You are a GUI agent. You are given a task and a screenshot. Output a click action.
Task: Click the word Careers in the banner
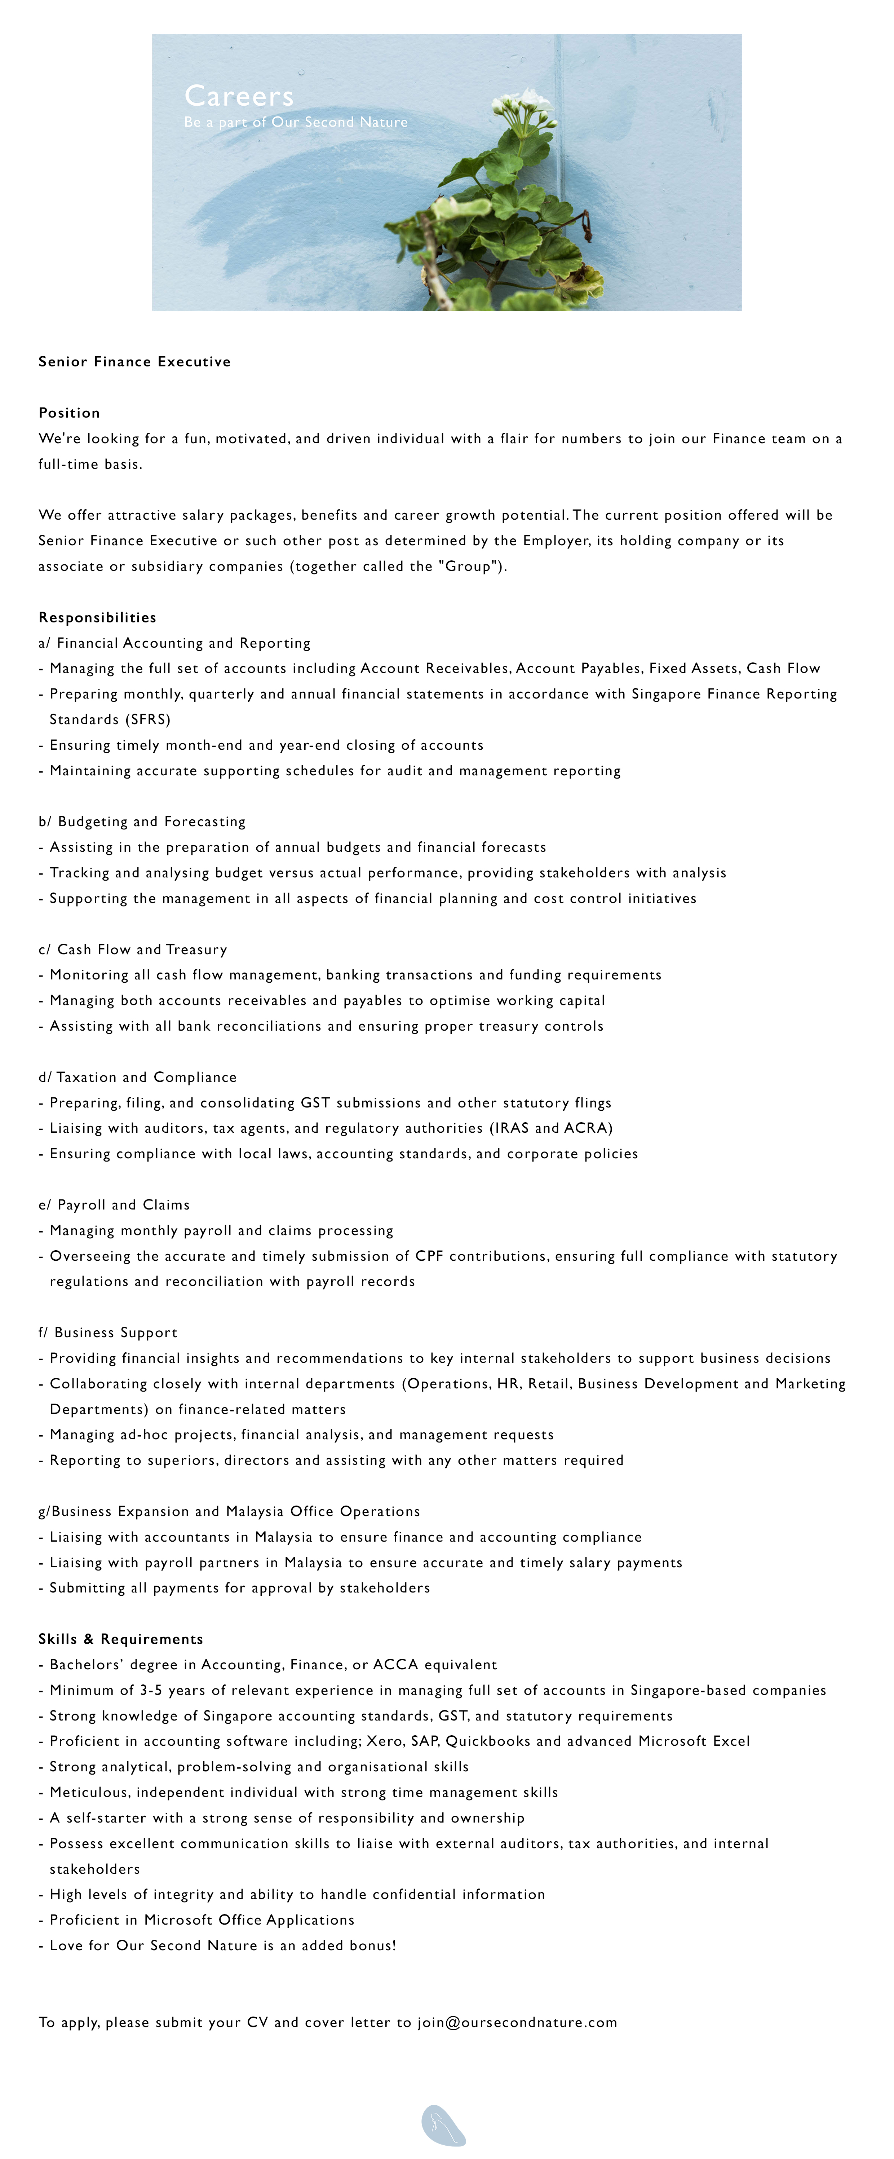239,96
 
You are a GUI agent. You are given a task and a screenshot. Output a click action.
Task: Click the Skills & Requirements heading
121,1639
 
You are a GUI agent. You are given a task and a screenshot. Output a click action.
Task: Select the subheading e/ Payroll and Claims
114,1204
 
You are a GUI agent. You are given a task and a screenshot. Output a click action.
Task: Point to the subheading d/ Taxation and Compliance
137,1077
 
